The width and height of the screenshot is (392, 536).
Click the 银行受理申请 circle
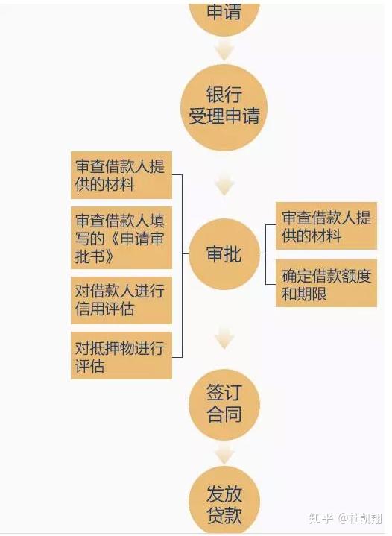pos(224,107)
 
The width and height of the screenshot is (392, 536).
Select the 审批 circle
pos(224,254)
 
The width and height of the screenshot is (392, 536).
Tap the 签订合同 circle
pos(224,404)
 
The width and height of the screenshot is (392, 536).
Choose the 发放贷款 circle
pos(224,500)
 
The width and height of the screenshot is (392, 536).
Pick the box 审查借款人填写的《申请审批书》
pos(121,238)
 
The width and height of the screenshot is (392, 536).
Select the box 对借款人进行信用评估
pos(121,300)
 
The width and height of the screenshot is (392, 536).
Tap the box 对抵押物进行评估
pos(121,356)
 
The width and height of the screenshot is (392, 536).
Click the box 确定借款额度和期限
pos(326,283)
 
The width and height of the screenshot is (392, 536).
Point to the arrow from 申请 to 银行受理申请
pos(224,49)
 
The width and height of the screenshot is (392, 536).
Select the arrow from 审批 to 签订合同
pos(224,338)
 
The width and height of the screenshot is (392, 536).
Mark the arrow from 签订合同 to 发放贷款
pos(224,453)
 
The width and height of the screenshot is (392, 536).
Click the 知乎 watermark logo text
pos(320,518)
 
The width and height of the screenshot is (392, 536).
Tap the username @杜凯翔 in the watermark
pos(360,518)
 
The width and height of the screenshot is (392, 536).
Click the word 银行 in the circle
pos(224,95)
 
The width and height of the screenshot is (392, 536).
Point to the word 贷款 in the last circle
pos(224,514)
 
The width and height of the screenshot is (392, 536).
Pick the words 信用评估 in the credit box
pos(104,309)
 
